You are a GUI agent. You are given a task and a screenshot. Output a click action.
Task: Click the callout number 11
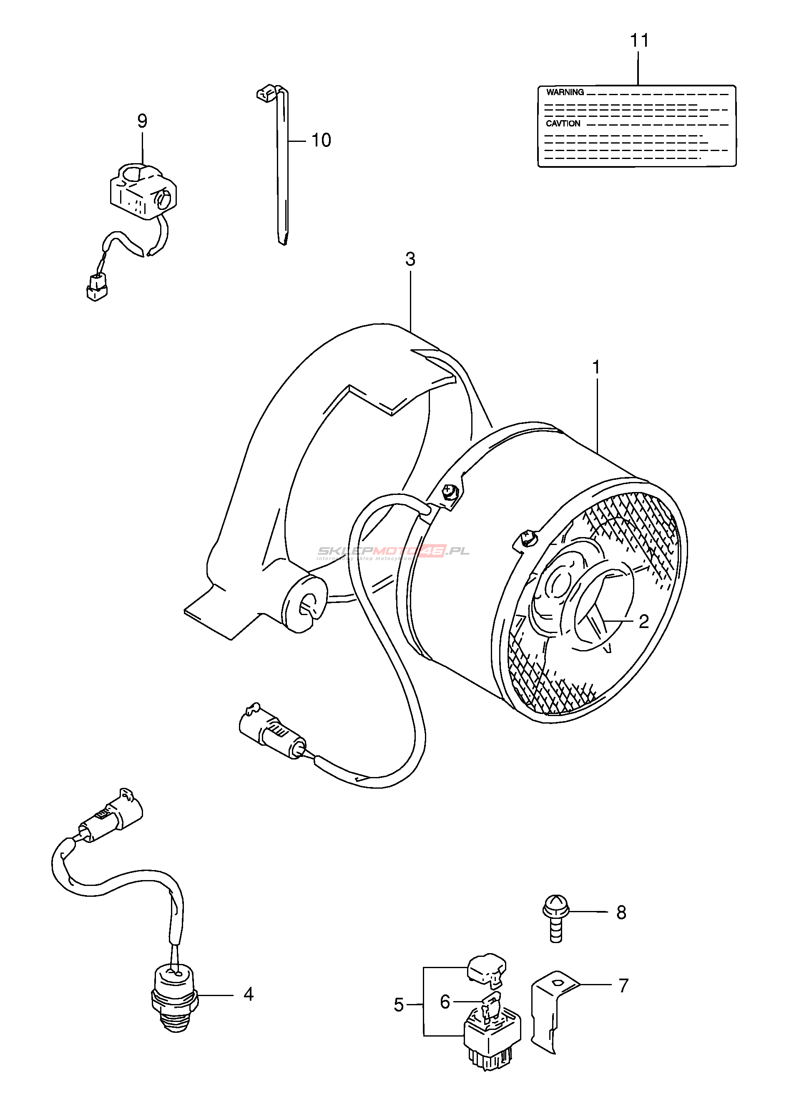(639, 40)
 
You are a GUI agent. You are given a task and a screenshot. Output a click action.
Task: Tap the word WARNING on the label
(565, 92)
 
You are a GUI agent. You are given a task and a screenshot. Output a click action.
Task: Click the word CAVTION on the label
(563, 124)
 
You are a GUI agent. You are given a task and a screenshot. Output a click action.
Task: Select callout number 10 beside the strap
(321, 141)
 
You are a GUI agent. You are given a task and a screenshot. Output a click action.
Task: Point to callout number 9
(142, 121)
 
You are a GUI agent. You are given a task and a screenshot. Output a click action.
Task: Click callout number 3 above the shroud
(410, 260)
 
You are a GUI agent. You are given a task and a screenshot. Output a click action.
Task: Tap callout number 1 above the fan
(596, 368)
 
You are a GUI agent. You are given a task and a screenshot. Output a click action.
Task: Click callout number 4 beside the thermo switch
(248, 995)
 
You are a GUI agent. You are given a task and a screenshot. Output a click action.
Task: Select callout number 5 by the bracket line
(398, 1004)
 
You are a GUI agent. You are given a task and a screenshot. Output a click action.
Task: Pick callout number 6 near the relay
(445, 1002)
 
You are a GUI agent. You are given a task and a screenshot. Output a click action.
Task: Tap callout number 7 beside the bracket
(623, 985)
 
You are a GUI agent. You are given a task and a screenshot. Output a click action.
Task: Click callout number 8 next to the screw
(621, 913)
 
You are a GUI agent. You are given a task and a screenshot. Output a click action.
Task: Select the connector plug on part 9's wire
(97, 287)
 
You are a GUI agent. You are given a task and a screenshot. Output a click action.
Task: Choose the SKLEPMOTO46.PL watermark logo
(393, 552)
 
